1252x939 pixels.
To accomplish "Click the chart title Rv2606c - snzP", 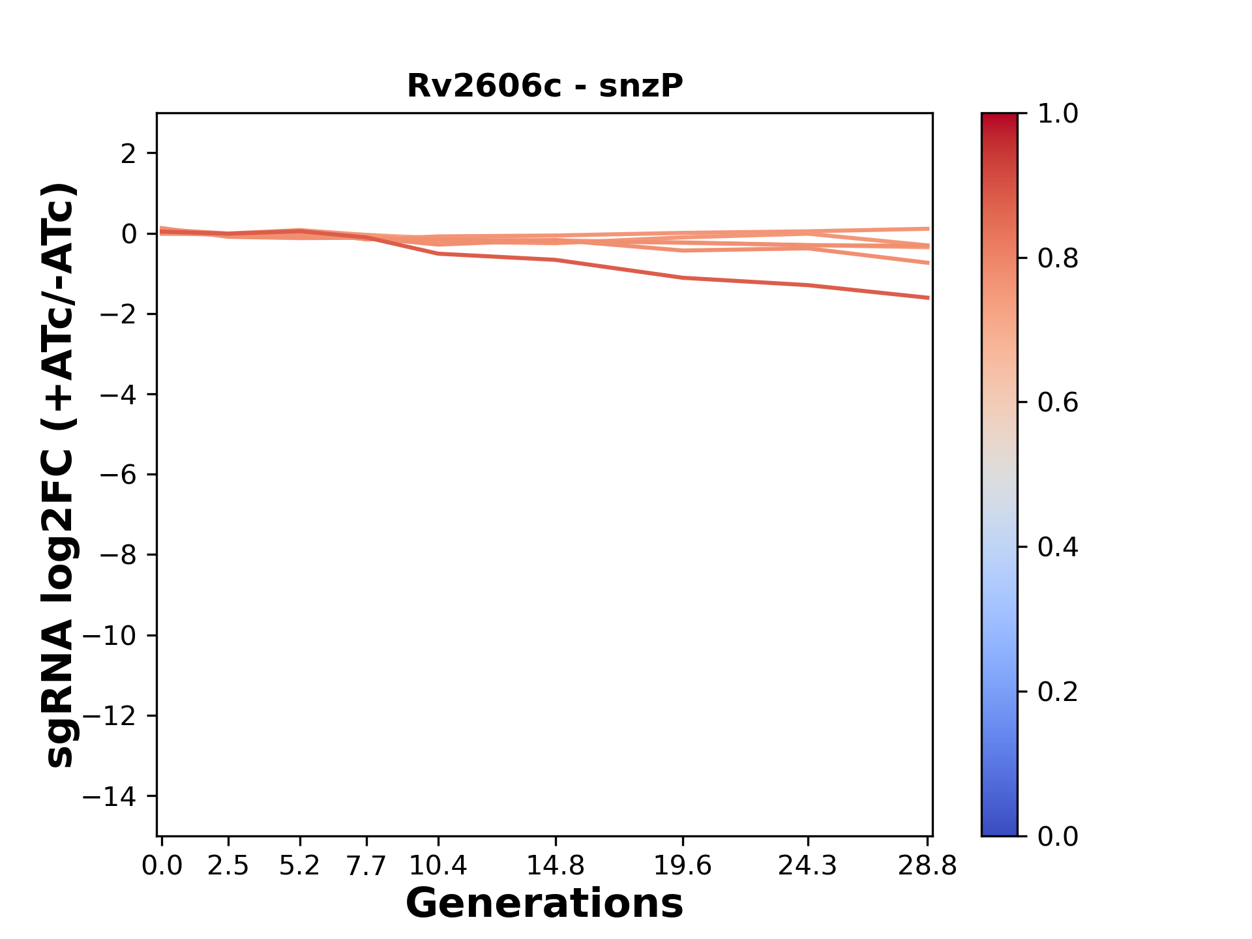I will coord(544,86).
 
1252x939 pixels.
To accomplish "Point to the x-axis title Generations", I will coord(544,904).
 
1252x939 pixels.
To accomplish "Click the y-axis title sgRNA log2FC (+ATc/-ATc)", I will coord(60,475).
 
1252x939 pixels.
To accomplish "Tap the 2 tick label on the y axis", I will coord(128,154).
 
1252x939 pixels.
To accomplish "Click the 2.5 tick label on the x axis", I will coord(228,866).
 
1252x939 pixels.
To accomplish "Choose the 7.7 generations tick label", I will coord(366,866).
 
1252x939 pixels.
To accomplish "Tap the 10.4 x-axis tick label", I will coord(438,866).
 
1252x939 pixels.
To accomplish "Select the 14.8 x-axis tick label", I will coord(555,866).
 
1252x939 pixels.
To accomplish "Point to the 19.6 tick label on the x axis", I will coord(683,866).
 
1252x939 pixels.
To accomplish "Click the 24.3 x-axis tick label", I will coord(808,866).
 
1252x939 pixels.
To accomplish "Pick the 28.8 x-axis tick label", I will coord(927,866).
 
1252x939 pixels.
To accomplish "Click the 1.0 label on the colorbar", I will coord(1058,114).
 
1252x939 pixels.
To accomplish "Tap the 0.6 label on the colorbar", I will coord(1058,403).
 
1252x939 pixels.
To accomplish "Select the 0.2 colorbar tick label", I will coord(1058,692).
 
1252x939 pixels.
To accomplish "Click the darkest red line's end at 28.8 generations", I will coord(927,297).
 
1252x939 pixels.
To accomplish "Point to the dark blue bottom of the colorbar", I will coord(999,828).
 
